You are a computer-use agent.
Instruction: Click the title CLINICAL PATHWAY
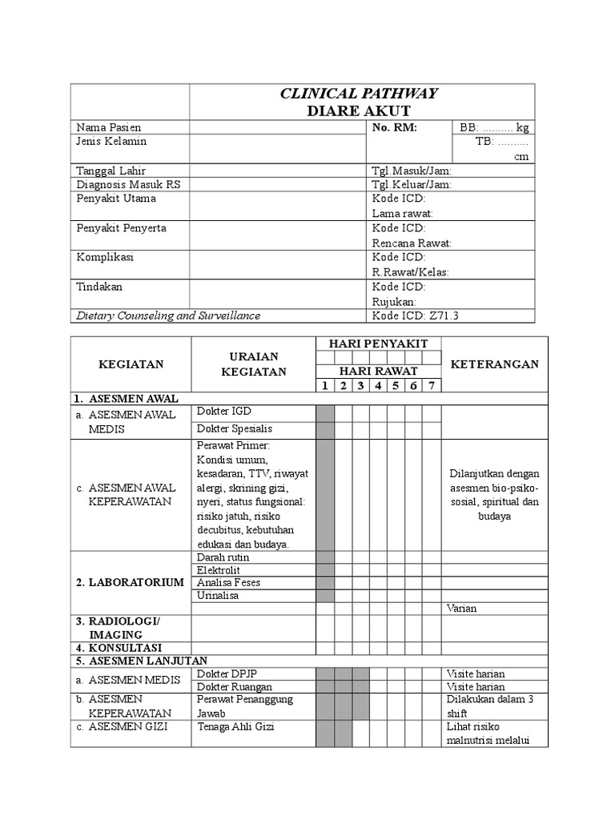(x=358, y=94)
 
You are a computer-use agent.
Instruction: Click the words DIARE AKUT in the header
(x=359, y=111)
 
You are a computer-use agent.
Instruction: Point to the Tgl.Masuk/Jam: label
(x=412, y=171)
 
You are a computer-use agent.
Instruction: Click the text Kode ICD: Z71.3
(x=415, y=316)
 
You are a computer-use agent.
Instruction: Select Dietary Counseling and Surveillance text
(x=168, y=316)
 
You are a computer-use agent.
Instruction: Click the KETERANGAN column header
(x=495, y=364)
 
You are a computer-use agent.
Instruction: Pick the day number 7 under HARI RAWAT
(x=432, y=386)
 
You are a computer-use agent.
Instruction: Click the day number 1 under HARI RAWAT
(x=325, y=386)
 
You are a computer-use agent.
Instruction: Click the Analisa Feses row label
(x=228, y=582)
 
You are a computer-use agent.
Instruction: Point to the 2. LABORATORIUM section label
(x=130, y=582)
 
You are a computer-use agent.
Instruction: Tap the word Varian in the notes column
(x=461, y=609)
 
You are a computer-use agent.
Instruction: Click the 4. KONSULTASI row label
(x=119, y=647)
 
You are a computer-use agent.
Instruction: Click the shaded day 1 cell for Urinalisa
(x=325, y=596)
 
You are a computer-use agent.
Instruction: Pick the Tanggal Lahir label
(x=111, y=171)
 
